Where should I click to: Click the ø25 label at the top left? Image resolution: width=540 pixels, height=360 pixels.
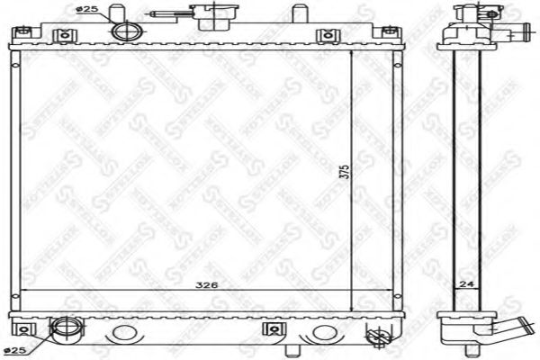pyautogui.click(x=86, y=10)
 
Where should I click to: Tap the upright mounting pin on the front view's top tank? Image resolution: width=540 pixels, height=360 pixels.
pyautogui.click(x=293, y=16)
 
